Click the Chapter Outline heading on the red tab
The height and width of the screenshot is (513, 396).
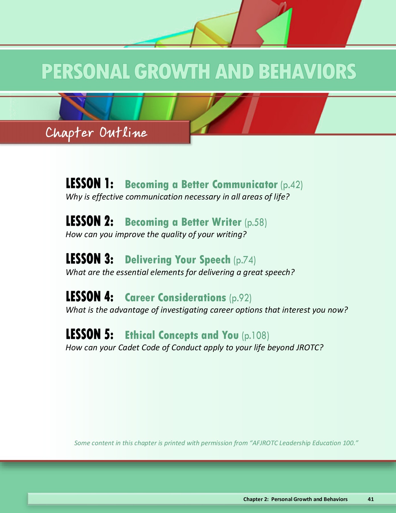tap(96, 133)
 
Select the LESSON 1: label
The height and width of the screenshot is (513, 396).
tap(90, 184)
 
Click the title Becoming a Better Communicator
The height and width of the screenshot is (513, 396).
tap(201, 184)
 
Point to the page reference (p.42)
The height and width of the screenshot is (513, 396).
tap(292, 185)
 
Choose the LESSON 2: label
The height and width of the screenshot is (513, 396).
tap(90, 221)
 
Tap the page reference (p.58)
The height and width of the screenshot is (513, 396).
tap(256, 223)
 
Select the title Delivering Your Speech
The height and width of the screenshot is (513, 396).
tap(177, 260)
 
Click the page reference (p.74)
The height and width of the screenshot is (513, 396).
tap(245, 260)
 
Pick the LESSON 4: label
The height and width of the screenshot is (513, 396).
tap(90, 297)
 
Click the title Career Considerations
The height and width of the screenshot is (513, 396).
tap(175, 298)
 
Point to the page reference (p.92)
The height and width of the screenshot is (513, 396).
tap(240, 298)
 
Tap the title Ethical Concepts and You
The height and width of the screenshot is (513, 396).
tap(182, 335)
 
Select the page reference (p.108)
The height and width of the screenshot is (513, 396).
tap(255, 336)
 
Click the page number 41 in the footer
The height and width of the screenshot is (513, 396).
tap(371, 499)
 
